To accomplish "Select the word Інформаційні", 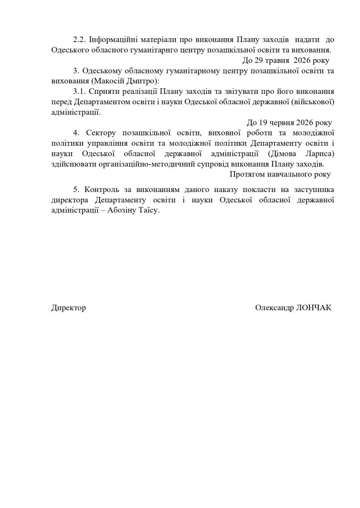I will (x=111, y=39).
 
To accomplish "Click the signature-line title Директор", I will (x=69, y=308).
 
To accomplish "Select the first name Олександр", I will (x=274, y=308).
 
